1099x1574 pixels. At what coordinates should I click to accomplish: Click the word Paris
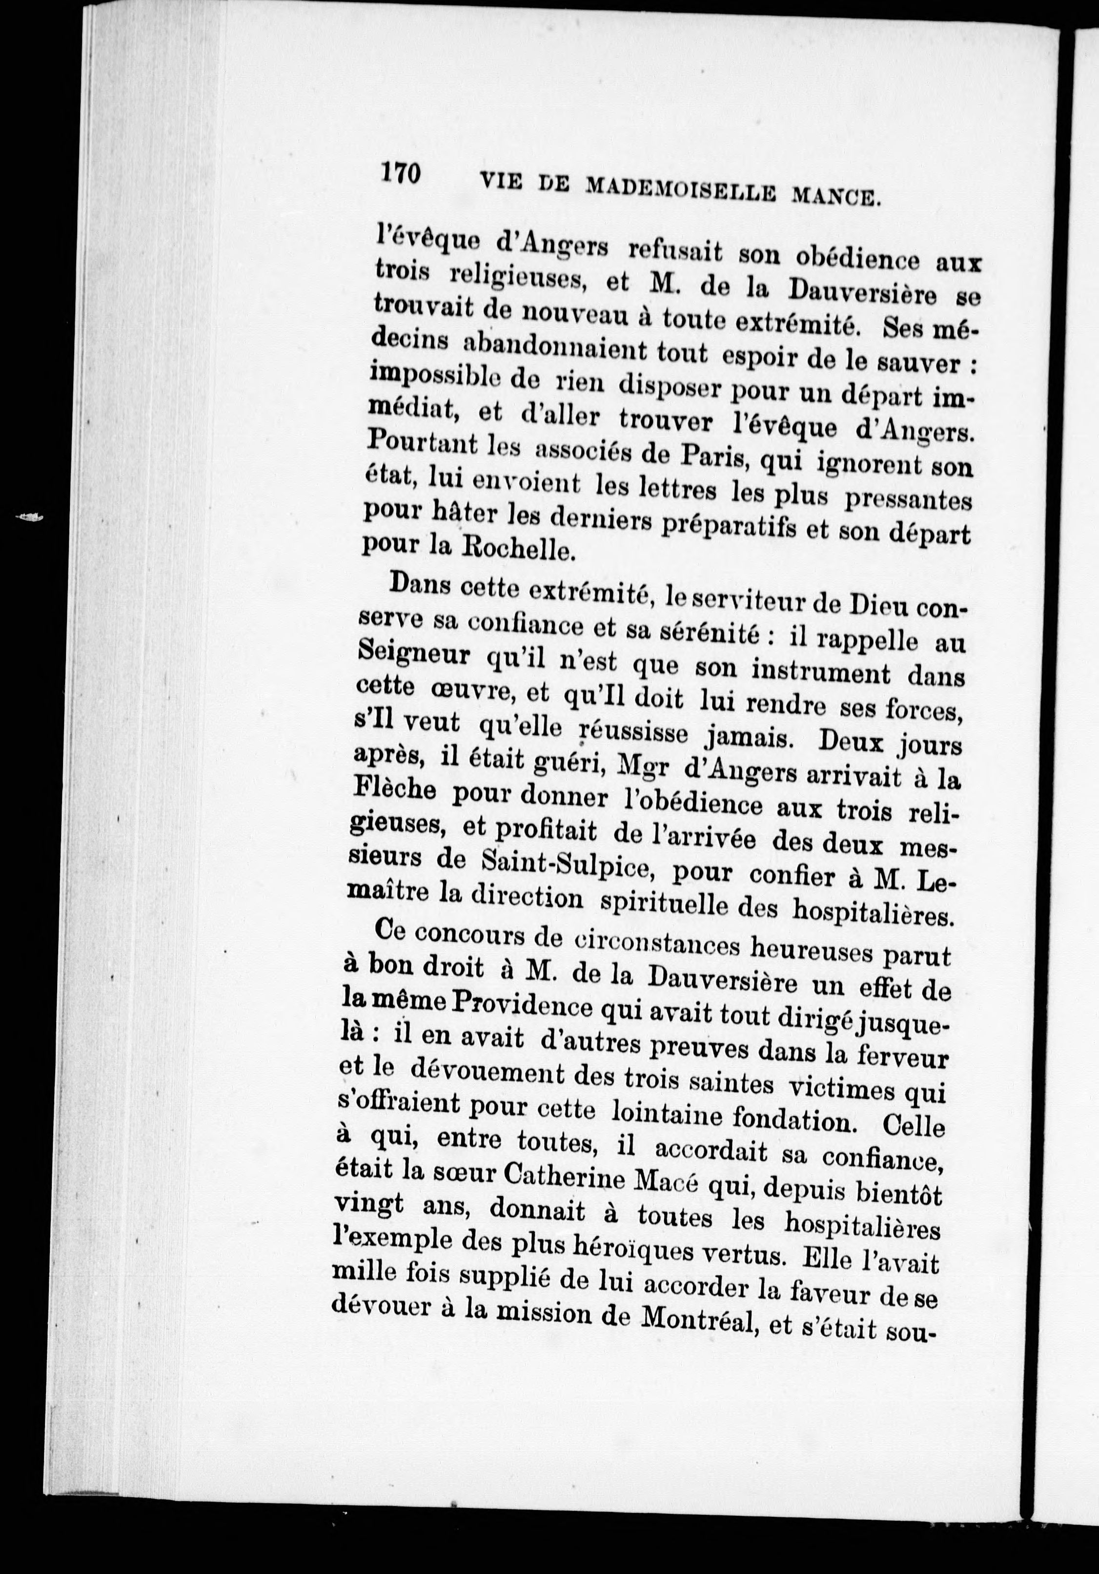[713, 461]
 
